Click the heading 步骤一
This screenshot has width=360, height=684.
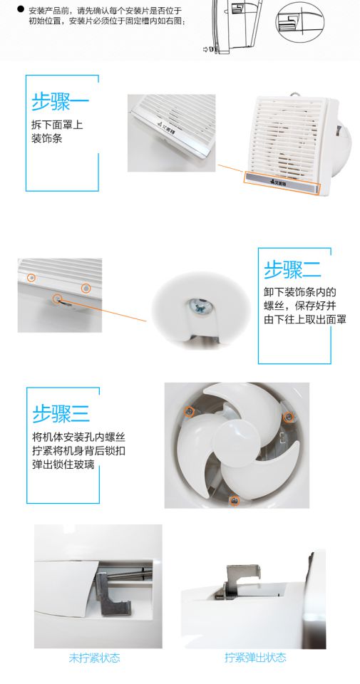click(x=60, y=103)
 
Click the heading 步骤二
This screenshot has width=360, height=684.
click(x=292, y=269)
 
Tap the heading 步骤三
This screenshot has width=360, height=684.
click(x=61, y=413)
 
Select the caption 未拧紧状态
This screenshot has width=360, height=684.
click(x=94, y=658)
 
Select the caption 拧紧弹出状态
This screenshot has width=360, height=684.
click(x=255, y=657)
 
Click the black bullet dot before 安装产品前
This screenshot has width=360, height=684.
click(x=20, y=9)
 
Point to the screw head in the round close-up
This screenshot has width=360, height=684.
click(x=200, y=306)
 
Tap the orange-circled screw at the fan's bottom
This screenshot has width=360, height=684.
click(x=235, y=500)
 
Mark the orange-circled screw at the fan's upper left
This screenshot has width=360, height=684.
click(x=189, y=411)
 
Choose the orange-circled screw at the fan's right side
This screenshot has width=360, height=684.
click(x=288, y=417)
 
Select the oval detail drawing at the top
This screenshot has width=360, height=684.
click(x=300, y=22)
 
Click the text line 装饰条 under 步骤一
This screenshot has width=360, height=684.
click(x=46, y=138)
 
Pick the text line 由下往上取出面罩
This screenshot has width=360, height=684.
click(x=305, y=319)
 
